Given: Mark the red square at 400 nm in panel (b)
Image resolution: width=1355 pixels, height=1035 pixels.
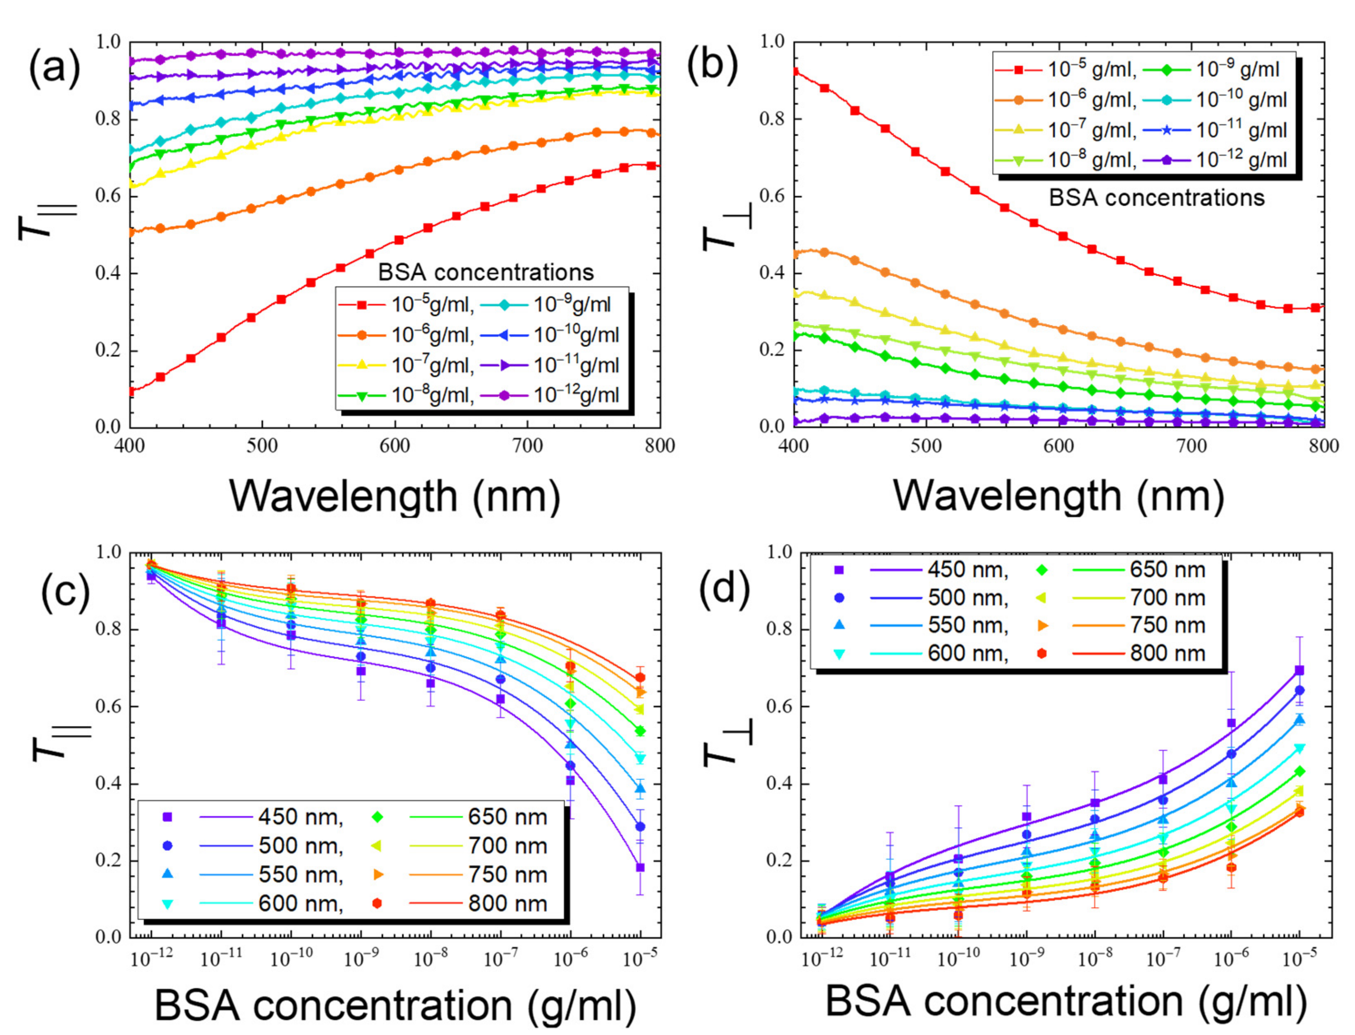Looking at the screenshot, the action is [x=795, y=72].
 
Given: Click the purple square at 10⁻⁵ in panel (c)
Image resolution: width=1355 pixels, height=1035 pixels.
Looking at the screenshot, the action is [x=640, y=868].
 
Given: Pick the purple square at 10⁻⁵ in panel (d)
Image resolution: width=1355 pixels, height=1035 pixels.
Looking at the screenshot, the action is [x=1299, y=670].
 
